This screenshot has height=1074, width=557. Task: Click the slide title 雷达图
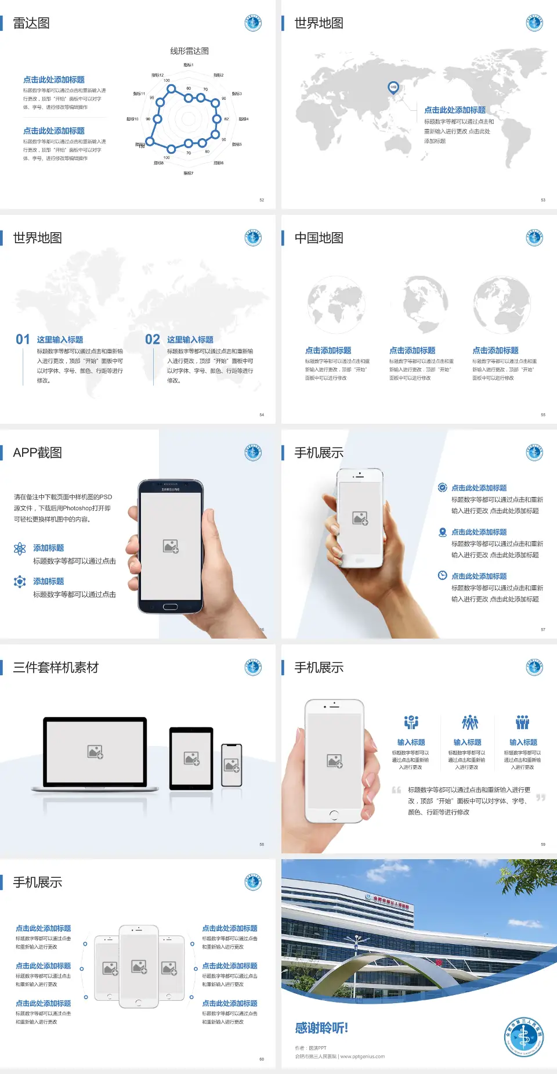tap(31, 23)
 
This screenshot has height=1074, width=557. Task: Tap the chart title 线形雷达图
tap(189, 51)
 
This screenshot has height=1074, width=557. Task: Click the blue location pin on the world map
tap(393, 87)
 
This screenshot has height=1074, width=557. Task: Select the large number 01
tap(23, 340)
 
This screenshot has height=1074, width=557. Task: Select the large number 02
tap(153, 340)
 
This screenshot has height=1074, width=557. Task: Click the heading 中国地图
tap(319, 238)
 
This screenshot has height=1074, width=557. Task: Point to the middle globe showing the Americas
tap(426, 304)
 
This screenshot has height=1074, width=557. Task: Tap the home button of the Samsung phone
tap(170, 607)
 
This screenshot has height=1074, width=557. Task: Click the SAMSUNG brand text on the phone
tap(171, 489)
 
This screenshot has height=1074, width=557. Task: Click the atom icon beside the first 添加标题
tap(20, 549)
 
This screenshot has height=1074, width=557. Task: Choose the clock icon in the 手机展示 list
tap(442, 575)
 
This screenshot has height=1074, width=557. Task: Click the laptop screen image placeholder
tap(95, 752)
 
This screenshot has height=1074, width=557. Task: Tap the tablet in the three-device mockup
tap(191, 758)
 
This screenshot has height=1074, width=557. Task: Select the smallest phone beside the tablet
tap(232, 765)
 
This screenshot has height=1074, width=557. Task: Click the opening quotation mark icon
tap(396, 790)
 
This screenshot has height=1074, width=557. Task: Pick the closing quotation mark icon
tap(540, 798)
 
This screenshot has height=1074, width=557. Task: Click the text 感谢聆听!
tap(321, 1028)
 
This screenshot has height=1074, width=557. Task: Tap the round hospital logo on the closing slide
tap(523, 1037)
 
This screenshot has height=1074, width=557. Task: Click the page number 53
tap(543, 200)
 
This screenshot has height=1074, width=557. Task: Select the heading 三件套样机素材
tap(56, 668)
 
